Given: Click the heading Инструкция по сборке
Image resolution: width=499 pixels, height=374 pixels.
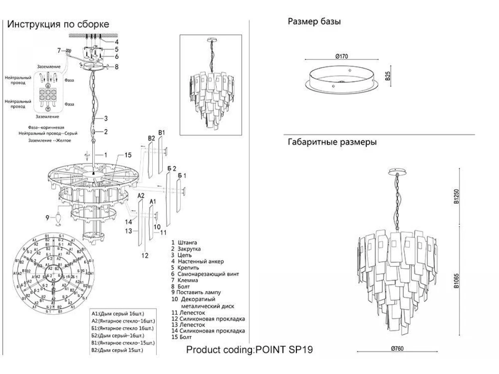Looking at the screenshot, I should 58,24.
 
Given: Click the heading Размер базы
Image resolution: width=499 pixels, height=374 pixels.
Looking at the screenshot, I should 314,22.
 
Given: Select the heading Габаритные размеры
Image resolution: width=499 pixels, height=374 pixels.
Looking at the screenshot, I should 332,142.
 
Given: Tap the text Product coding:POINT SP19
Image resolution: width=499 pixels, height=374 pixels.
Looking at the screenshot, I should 249,349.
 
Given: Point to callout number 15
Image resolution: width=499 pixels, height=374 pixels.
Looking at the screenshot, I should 128,155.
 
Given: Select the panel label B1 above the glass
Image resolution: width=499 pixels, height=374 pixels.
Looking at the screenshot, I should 162,133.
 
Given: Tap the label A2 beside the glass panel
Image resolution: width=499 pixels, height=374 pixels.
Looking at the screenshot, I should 141,195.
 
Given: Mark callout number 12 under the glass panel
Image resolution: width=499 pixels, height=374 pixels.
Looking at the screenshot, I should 144,256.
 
